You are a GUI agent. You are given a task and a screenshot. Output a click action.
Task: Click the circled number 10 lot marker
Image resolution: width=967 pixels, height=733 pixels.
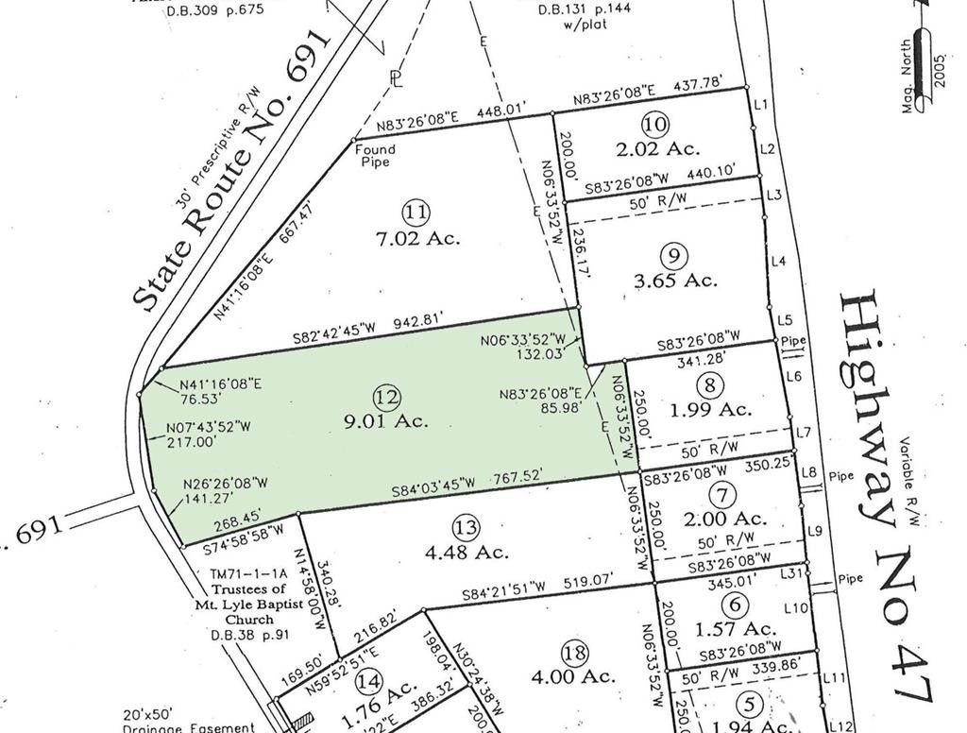click(654, 124)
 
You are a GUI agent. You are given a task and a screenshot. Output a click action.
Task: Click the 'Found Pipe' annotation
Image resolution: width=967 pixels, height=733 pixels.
click(375, 155)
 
